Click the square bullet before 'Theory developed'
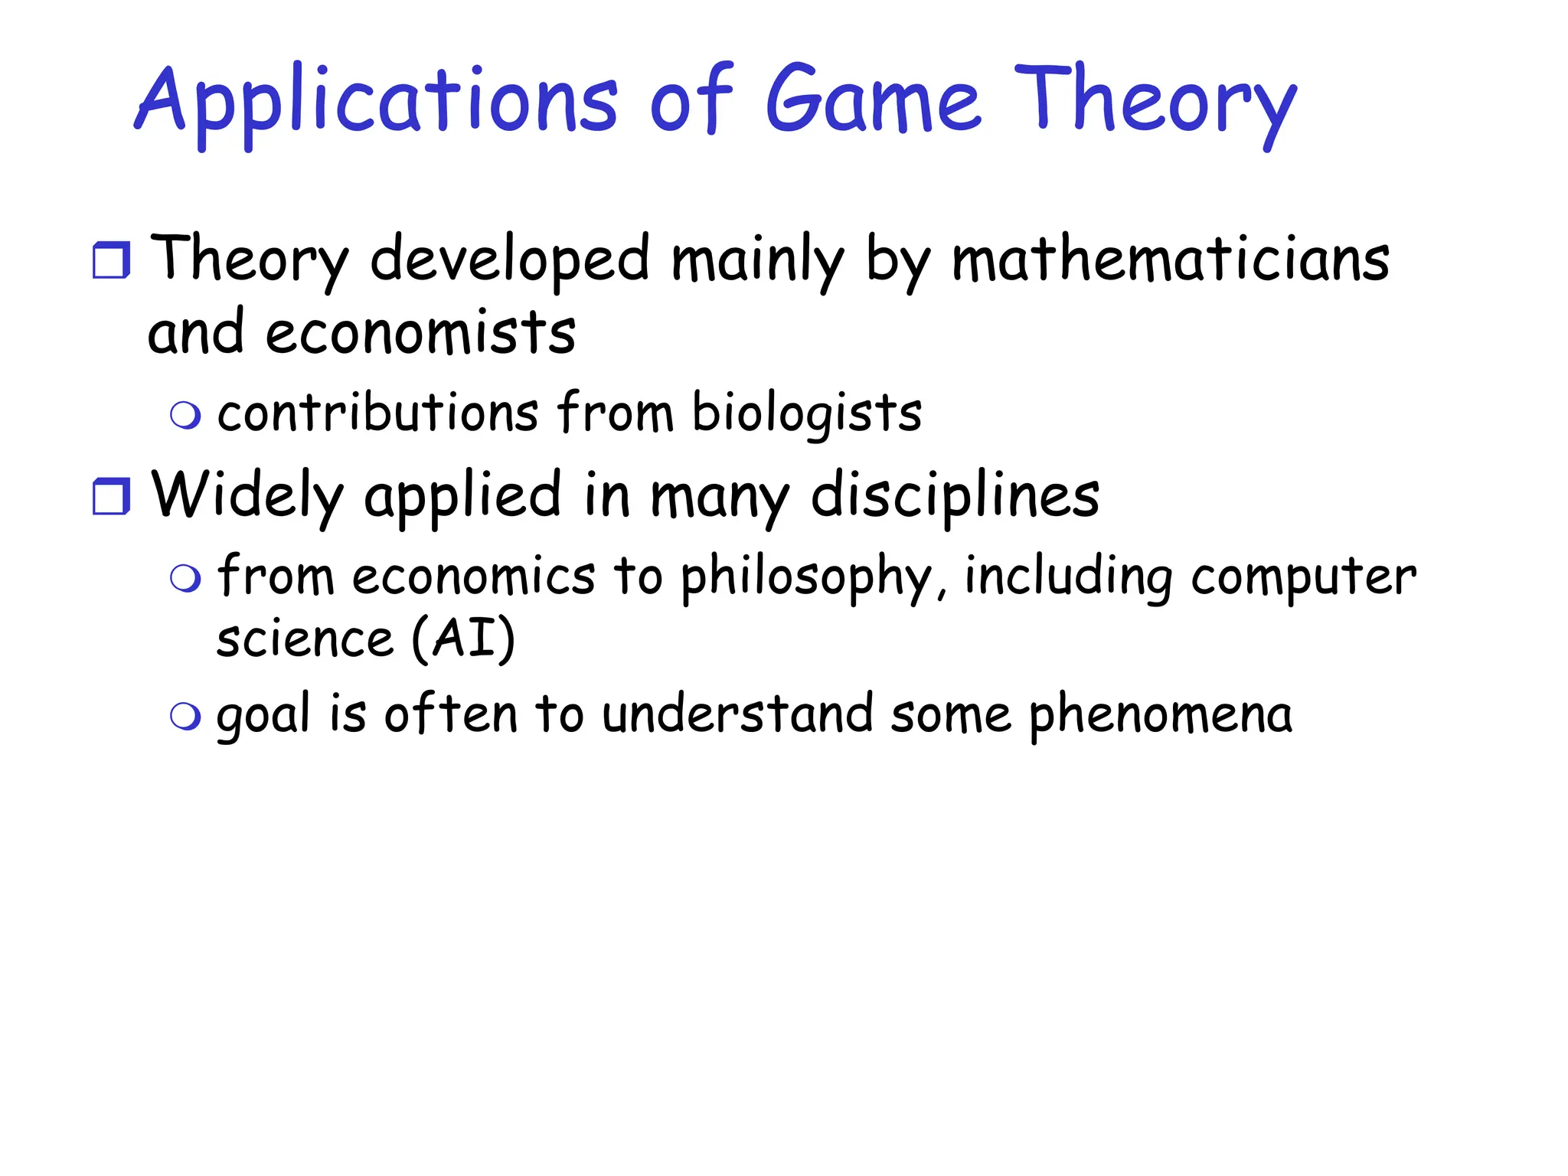[112, 260]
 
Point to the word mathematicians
[1170, 260]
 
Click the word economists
[420, 334]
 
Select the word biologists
[807, 414]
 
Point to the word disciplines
[955, 496]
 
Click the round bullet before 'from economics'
[185, 579]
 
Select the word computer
[1303, 578]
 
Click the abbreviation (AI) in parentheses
[463, 639]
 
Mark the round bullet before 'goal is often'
[185, 717]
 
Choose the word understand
[737, 714]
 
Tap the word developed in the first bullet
[510, 260]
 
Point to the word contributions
[378, 413]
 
